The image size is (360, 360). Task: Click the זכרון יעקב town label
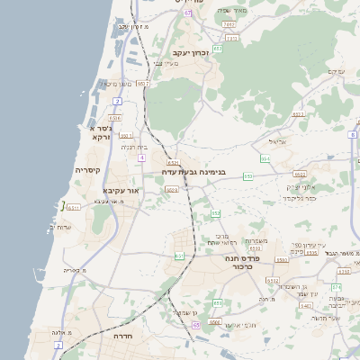pyautogui.click(x=191, y=54)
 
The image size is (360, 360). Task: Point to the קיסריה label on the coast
pyautogui.click(x=87, y=170)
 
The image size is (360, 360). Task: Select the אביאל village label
pyautogui.click(x=275, y=141)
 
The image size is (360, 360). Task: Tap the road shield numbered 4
pyautogui.click(x=141, y=158)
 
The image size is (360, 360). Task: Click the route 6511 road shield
pyautogui.click(x=74, y=208)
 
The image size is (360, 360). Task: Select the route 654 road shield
pyautogui.click(x=265, y=158)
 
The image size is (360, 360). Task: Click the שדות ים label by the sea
pyautogui.click(x=56, y=227)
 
